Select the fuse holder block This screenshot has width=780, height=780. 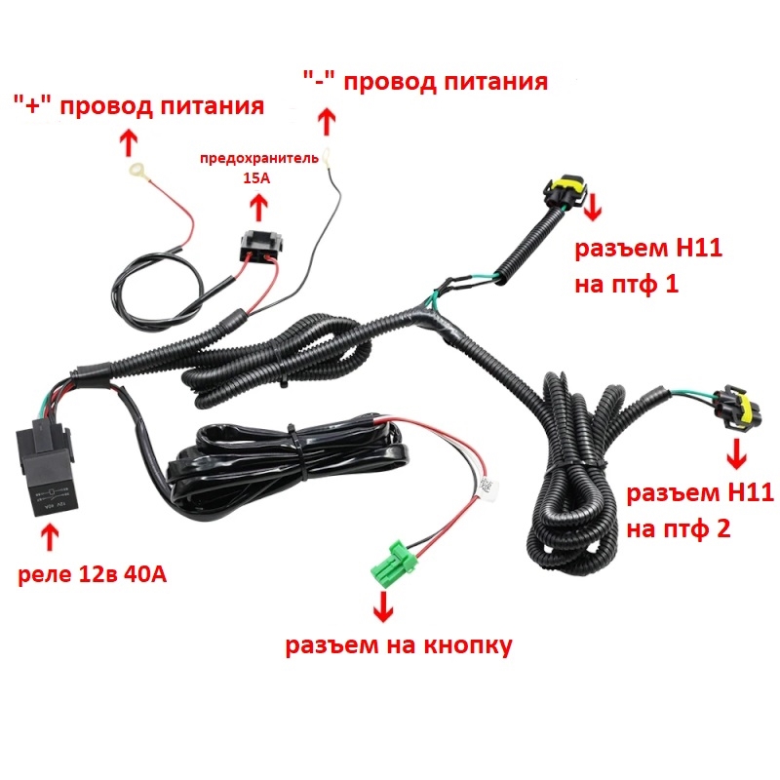pos(261,246)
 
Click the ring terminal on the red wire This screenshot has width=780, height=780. pos(137,171)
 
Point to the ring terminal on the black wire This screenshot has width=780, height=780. pos(327,157)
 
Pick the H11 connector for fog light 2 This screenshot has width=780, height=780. pos(736,408)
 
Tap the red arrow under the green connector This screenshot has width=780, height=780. pos(383,605)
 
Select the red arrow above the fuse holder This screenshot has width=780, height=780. pos(258,207)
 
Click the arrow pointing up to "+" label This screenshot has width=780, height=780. pos(129,142)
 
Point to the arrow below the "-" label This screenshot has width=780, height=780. pos(327,121)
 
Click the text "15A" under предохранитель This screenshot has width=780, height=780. pos(256,177)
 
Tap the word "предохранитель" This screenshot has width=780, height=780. pos(259,159)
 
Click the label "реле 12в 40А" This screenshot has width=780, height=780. pos(93,574)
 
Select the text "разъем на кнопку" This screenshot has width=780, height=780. pos(399,645)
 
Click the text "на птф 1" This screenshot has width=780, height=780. pos(627,285)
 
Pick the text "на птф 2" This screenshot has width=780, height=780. pos(679,528)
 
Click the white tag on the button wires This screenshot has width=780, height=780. pos(487,487)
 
